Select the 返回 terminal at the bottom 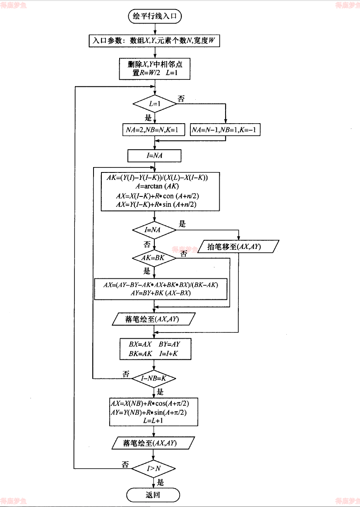(153, 495)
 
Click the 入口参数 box (154, 41)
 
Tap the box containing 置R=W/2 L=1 (154, 69)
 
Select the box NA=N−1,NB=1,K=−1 (226, 130)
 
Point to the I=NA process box (154, 155)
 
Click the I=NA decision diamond (154, 230)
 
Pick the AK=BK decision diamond (154, 258)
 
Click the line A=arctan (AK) (154, 186)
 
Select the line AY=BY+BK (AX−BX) (161, 293)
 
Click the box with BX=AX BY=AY (154, 349)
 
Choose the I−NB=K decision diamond (154, 378)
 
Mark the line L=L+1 (154, 421)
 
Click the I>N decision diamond (154, 469)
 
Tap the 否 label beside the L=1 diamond (181, 99)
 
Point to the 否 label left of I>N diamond (125, 464)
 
